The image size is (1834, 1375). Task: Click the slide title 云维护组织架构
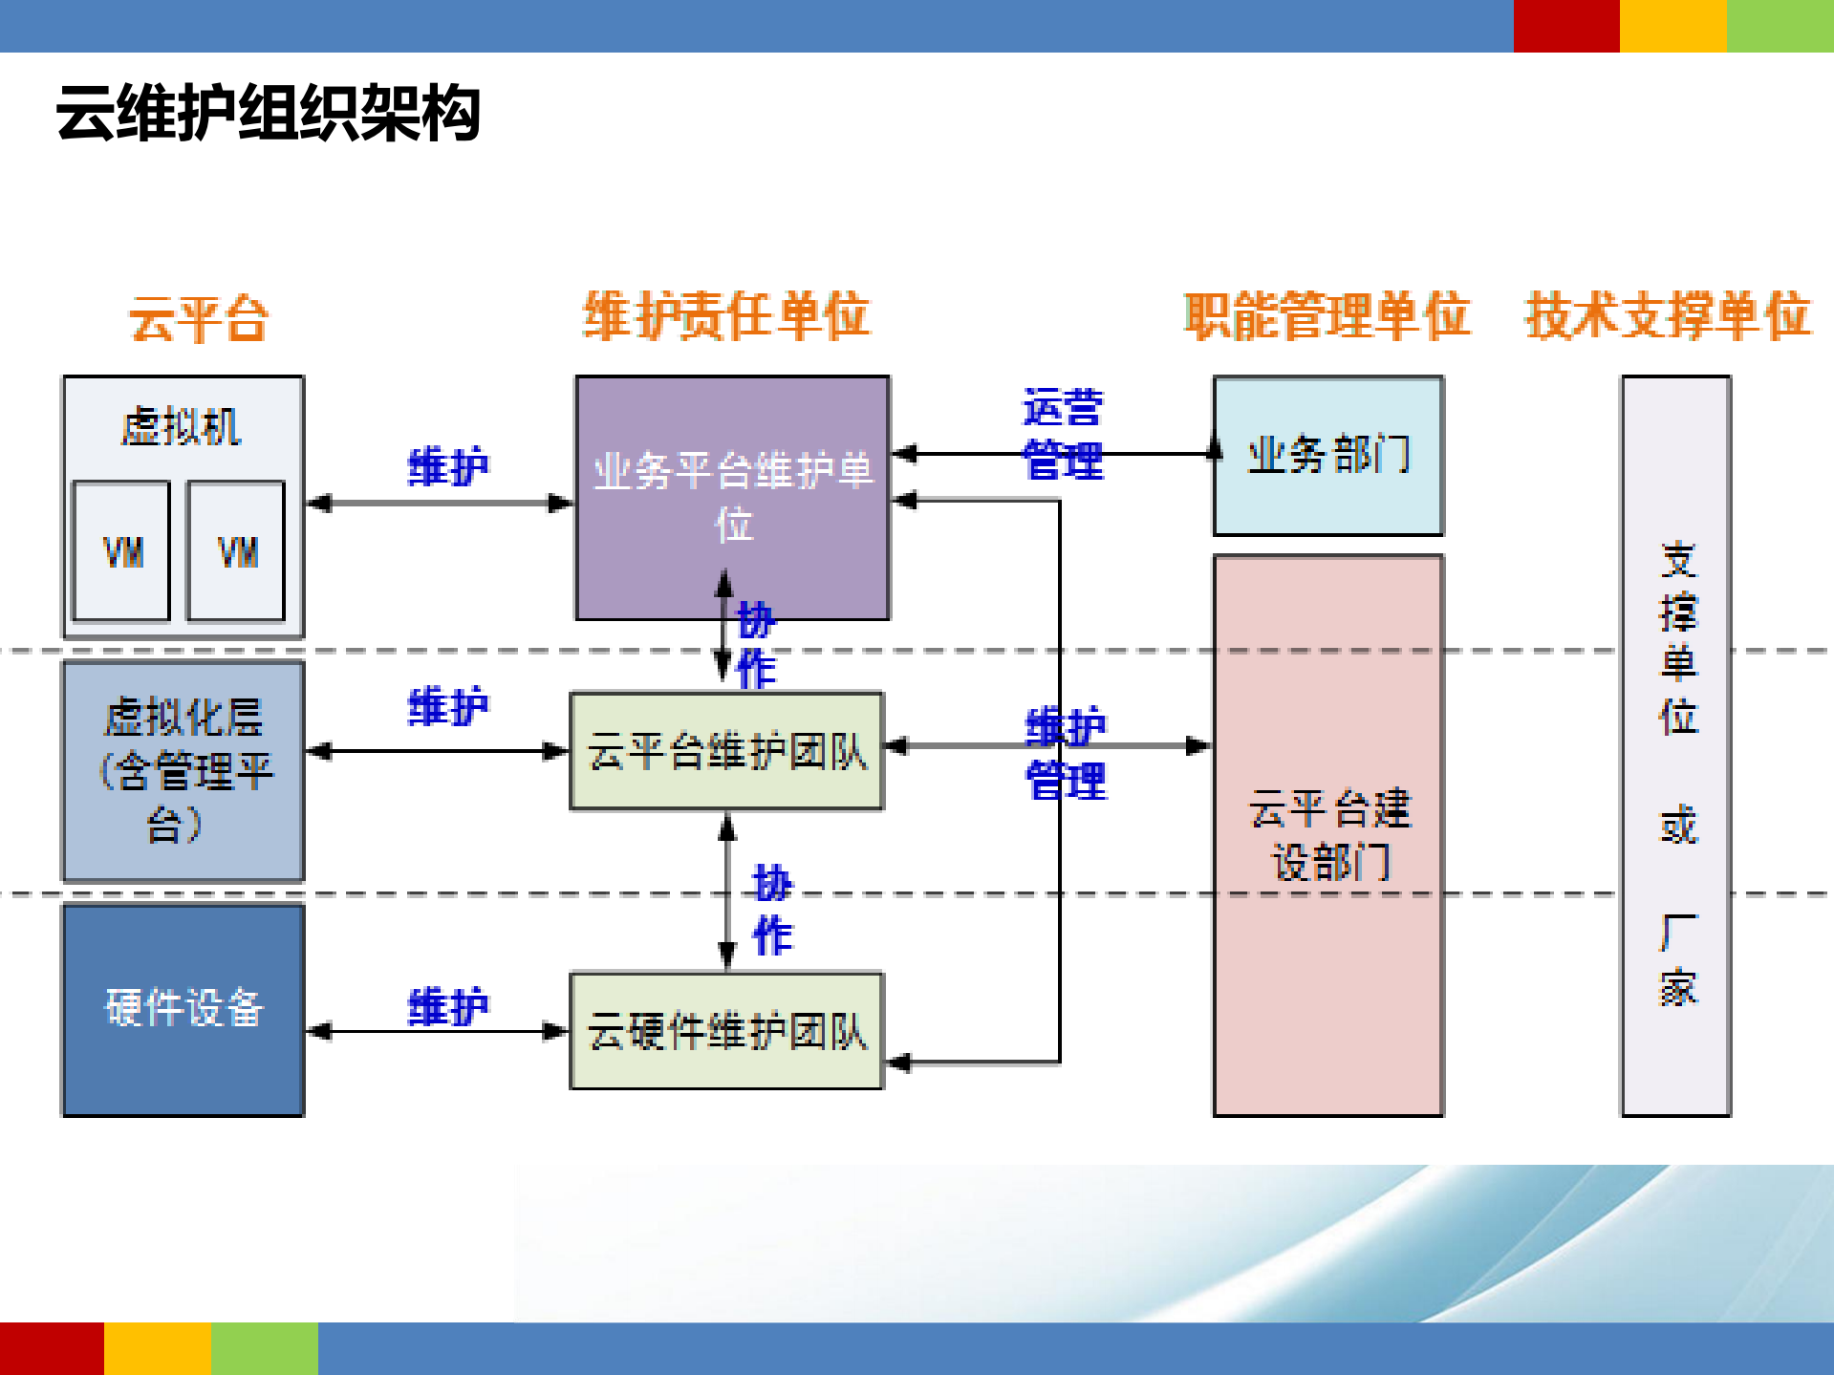[x=268, y=114]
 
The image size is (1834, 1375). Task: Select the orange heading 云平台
[x=199, y=318]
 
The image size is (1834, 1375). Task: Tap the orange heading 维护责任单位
[x=726, y=316]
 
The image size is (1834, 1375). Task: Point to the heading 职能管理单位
[x=1327, y=316]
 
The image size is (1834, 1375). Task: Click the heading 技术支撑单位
[x=1667, y=316]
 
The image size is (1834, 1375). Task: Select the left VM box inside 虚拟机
[x=122, y=551]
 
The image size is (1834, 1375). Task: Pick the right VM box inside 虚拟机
[x=237, y=551]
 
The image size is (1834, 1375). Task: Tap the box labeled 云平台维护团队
[x=726, y=752]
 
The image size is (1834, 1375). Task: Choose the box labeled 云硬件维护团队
[x=726, y=1031]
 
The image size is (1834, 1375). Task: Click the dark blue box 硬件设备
[x=183, y=1009]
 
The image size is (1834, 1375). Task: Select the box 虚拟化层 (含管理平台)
[x=183, y=770]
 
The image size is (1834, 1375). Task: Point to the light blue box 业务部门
[x=1327, y=455]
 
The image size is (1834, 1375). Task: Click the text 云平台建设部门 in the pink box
[x=1328, y=835]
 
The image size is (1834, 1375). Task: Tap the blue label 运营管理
[x=1063, y=434]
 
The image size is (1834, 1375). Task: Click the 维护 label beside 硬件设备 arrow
[x=447, y=1007]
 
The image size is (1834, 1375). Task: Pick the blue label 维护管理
[x=1066, y=754]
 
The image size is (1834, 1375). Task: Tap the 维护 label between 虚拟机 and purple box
[x=447, y=466]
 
